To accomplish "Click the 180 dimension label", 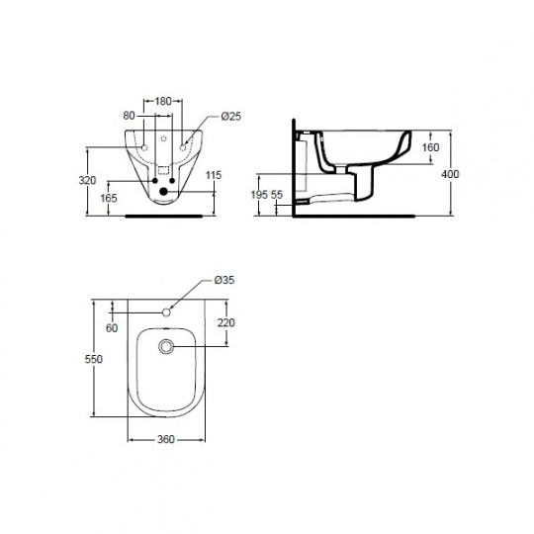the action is (163, 101).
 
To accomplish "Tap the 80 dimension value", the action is (129, 116).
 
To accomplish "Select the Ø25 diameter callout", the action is (230, 116).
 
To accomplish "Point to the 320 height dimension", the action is (87, 180).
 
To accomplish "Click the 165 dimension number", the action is (109, 198).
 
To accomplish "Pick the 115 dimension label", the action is (214, 175).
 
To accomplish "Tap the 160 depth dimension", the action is (430, 147).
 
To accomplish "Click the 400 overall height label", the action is (450, 174).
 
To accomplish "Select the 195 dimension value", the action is (259, 195).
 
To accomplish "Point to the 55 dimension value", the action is (277, 195).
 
